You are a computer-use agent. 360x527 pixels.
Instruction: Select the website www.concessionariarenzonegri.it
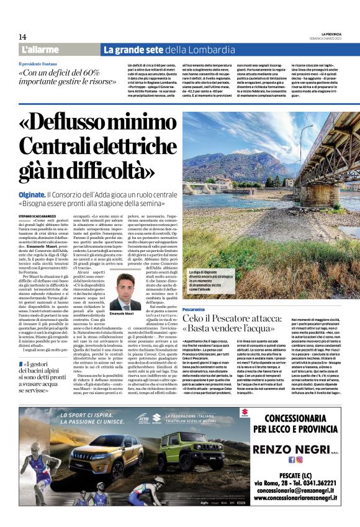(295, 497)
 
